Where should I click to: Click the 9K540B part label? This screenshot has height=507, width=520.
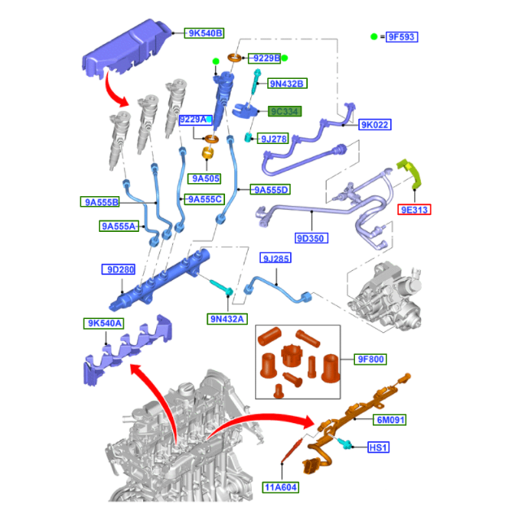(x=204, y=33)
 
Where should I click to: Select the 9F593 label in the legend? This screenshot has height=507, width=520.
(x=402, y=37)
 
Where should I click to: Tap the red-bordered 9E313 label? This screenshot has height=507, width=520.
(x=414, y=210)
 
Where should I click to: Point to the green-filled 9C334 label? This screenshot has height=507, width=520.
(x=284, y=111)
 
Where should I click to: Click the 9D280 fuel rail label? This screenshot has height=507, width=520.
(x=119, y=269)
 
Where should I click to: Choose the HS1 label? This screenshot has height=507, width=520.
(x=379, y=448)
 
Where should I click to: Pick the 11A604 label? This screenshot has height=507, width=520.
(x=280, y=487)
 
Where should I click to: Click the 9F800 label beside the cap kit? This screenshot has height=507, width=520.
(x=370, y=359)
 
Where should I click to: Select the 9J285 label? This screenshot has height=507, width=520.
(x=275, y=258)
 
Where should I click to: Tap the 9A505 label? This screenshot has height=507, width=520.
(x=204, y=178)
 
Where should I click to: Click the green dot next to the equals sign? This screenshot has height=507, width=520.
(x=374, y=37)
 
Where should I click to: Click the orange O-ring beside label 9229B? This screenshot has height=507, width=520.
(x=235, y=58)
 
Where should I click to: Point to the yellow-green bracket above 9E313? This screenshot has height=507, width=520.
(x=410, y=173)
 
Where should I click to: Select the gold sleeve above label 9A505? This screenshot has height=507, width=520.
(x=208, y=153)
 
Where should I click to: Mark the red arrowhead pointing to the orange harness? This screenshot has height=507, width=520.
(x=307, y=422)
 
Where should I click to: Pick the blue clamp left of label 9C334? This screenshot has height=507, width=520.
(x=245, y=111)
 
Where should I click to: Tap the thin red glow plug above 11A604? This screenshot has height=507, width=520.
(x=292, y=450)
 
